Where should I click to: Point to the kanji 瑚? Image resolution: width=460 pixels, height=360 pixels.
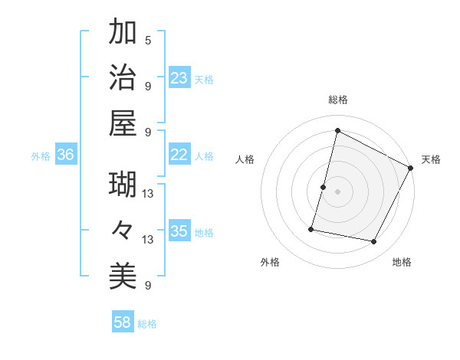[x=123, y=185]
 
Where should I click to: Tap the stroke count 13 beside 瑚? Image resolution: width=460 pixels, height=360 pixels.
[x=148, y=195]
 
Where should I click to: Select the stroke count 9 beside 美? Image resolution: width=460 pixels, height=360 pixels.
[x=148, y=286]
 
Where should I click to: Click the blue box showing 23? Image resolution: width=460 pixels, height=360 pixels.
[x=179, y=77]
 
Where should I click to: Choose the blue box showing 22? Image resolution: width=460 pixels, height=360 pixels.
[x=179, y=155]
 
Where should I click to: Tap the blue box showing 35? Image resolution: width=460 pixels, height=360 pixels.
[x=179, y=231]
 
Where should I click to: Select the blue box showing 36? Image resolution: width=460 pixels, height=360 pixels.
[x=66, y=155]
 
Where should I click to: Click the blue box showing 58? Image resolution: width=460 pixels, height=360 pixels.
[x=123, y=322]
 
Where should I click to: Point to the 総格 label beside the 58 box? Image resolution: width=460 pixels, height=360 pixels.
[x=147, y=324]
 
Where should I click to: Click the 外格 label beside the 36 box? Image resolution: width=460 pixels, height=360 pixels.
[x=41, y=156]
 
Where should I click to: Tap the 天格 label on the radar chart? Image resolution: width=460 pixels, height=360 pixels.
[x=431, y=159]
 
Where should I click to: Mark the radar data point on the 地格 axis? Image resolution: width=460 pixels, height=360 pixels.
[x=374, y=242]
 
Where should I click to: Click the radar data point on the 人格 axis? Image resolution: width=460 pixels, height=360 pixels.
[x=324, y=187]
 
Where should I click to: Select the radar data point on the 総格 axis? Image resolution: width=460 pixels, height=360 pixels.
[x=337, y=130]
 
